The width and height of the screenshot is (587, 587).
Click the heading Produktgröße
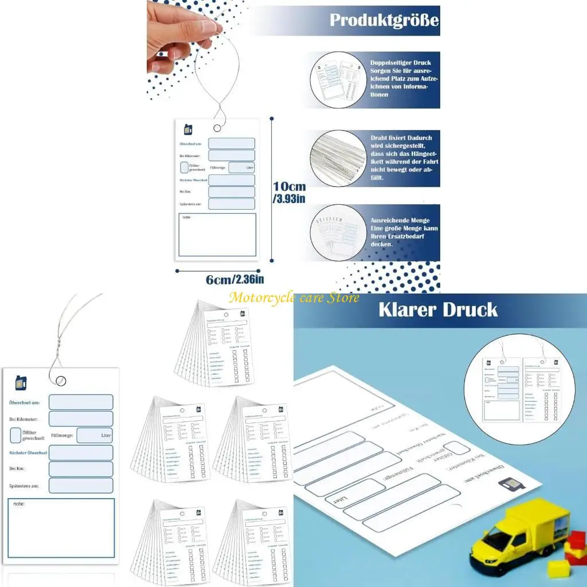(x=384, y=21)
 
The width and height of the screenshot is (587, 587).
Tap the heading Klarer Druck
(x=438, y=310)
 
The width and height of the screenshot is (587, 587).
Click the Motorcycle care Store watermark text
(x=294, y=297)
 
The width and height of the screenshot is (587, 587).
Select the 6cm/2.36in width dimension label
(x=234, y=279)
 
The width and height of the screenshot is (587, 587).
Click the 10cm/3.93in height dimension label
(x=289, y=193)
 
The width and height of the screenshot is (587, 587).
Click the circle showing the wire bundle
(x=338, y=156)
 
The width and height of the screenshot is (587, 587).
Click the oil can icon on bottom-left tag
(x=21, y=382)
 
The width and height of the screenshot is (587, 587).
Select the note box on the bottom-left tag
(x=61, y=527)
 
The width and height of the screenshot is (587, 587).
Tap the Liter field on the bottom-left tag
(x=95, y=436)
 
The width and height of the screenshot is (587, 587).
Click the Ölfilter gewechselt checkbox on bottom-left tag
(x=15, y=435)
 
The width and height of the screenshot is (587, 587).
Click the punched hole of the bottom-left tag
(x=61, y=379)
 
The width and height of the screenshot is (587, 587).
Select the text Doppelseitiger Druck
(x=400, y=62)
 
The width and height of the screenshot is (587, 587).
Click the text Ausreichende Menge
(x=400, y=220)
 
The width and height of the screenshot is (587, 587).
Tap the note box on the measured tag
(x=217, y=234)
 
